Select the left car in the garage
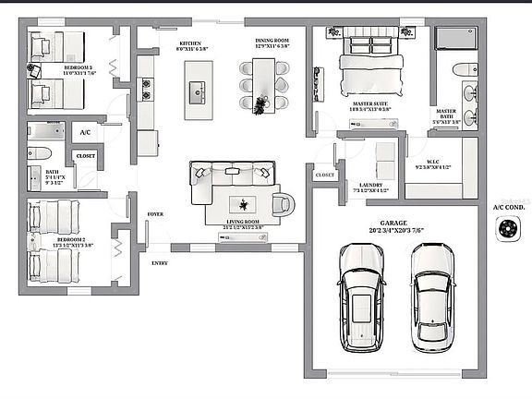(362, 293)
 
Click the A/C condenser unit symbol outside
(507, 231)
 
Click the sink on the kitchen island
(198, 90)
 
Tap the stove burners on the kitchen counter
(146, 90)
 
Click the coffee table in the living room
(244, 205)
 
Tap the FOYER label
(155, 214)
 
